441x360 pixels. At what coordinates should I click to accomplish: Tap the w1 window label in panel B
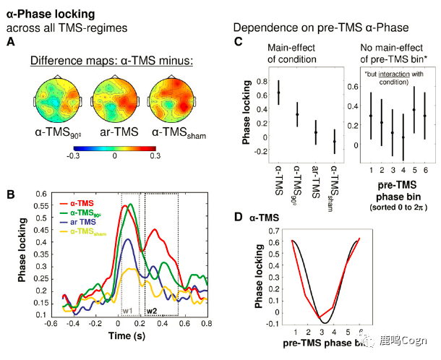point(128,311)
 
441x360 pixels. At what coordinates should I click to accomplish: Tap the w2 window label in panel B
point(152,311)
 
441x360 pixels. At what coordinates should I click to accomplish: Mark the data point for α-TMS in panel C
point(278,92)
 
